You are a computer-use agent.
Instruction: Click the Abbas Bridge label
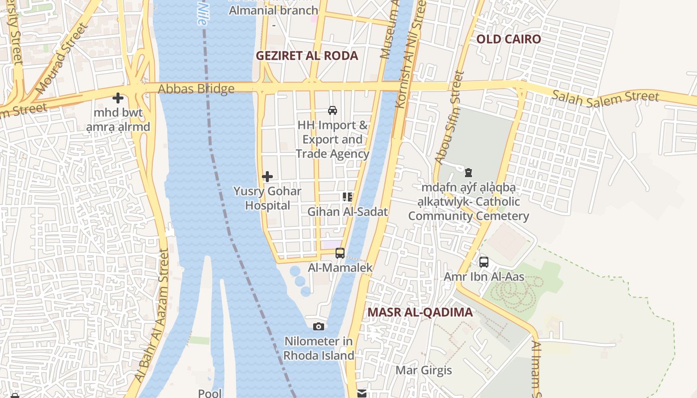tap(196, 90)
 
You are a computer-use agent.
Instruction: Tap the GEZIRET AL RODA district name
tap(307, 56)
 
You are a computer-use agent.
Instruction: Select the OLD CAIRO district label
tap(508, 39)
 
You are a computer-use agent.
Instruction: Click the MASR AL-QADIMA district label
tap(420, 312)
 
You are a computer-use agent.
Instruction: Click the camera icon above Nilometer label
tap(319, 327)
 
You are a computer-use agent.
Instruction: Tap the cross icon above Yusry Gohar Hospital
tap(267, 177)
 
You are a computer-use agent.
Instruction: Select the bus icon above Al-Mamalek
tap(340, 253)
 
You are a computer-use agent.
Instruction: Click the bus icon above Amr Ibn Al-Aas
tap(484, 262)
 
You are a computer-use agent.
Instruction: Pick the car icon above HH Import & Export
tap(333, 110)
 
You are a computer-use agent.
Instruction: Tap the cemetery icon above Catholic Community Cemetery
tap(468, 173)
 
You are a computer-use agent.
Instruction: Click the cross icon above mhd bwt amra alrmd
tap(118, 98)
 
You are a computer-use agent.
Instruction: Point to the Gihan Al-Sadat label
tap(347, 211)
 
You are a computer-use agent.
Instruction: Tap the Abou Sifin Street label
tap(449, 118)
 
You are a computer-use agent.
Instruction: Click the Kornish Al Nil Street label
tap(409, 55)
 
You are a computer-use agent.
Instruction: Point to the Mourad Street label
tap(62, 58)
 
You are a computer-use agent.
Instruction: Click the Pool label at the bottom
tap(210, 393)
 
